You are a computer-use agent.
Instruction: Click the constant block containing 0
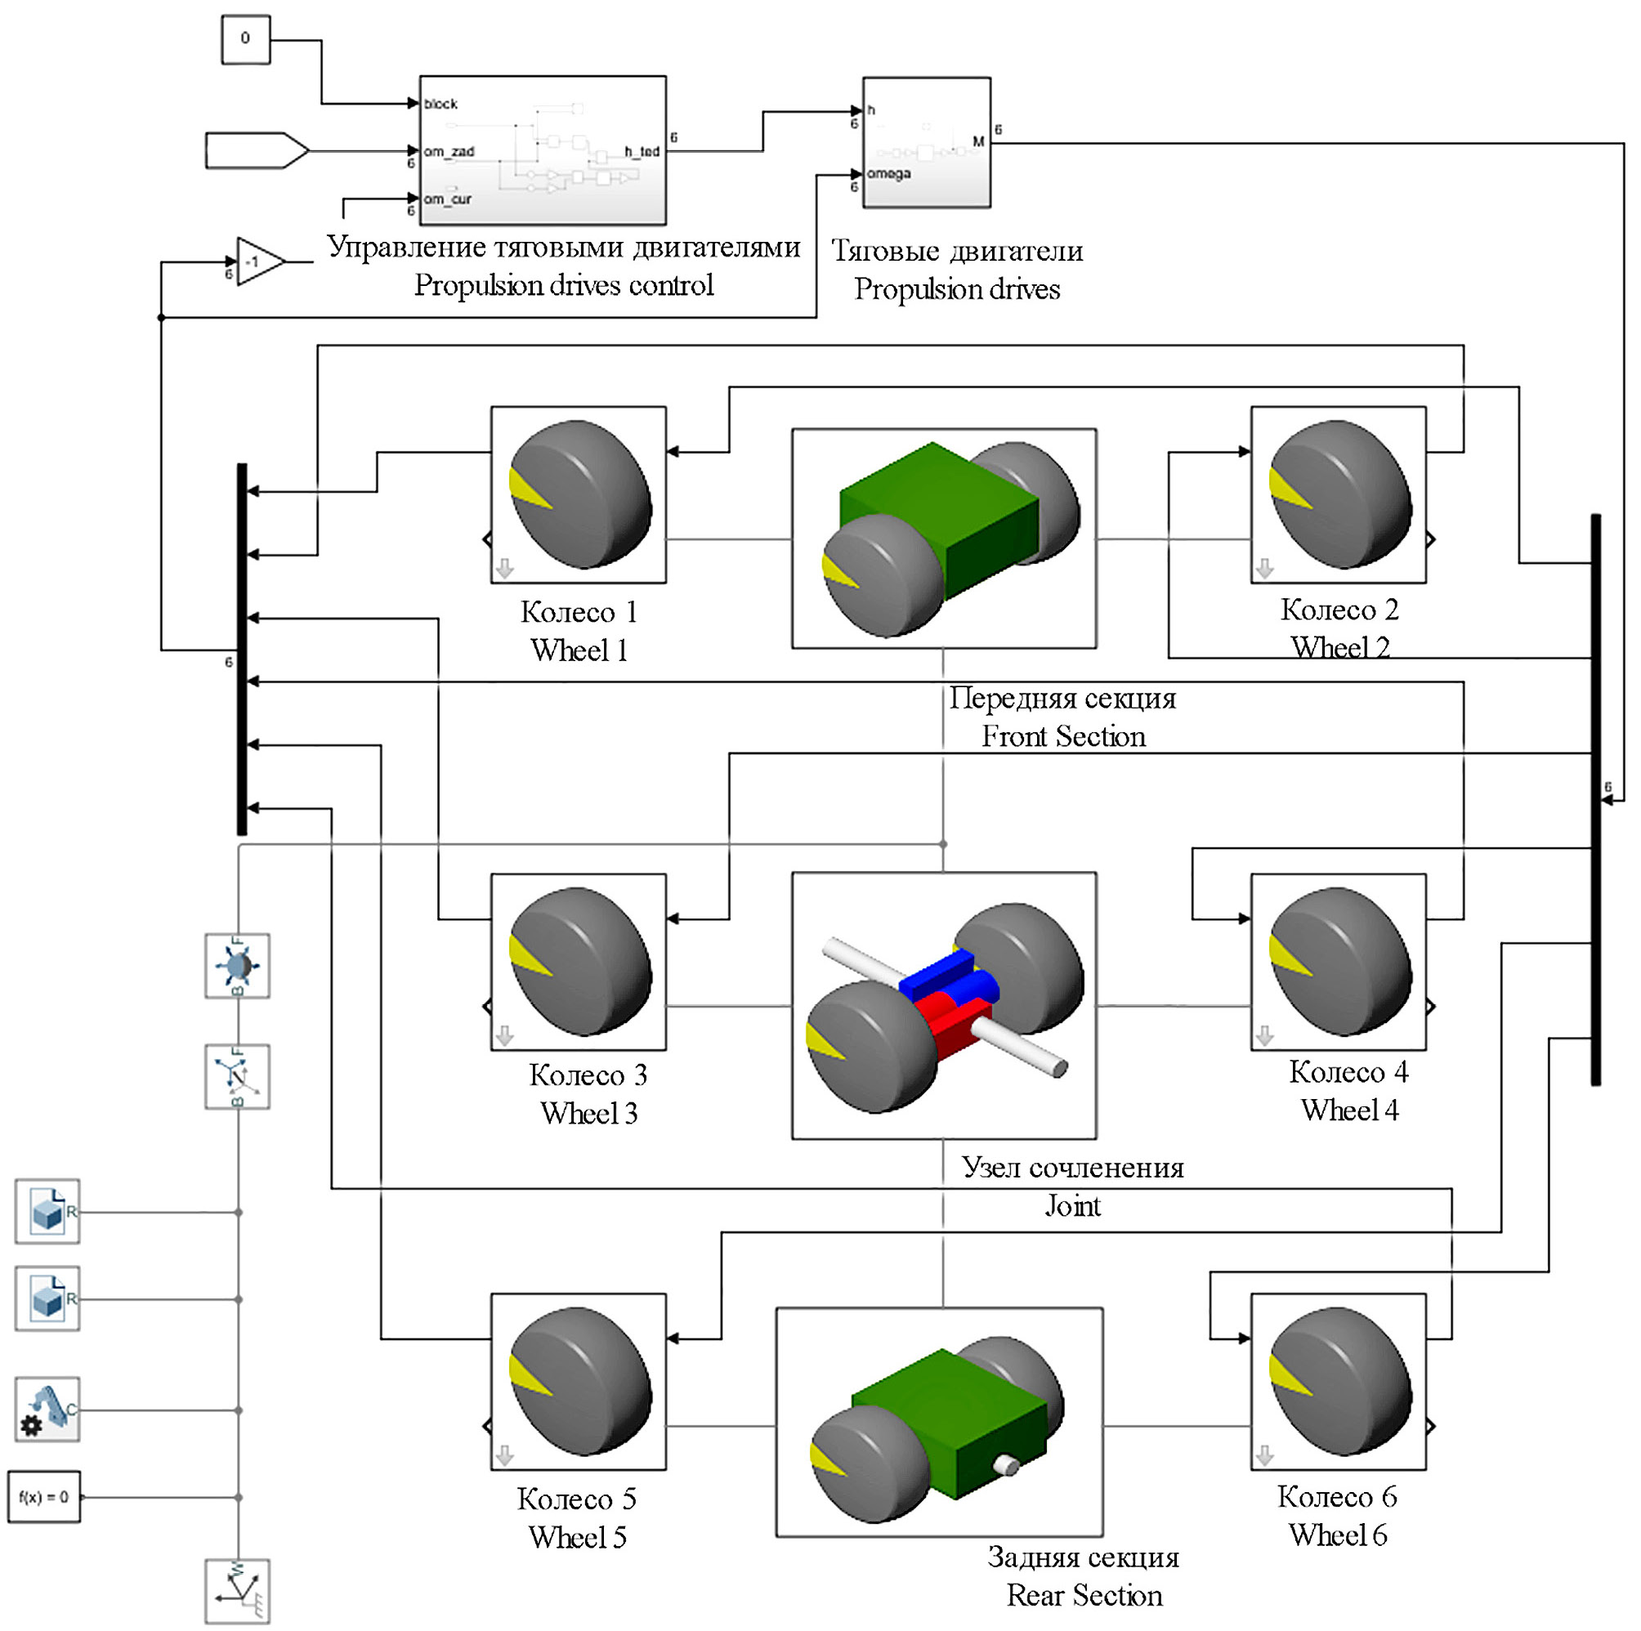245,39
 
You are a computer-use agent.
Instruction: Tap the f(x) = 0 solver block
44,1497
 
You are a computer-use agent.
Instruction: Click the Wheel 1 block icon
579,494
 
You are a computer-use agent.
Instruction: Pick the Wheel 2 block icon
1338,494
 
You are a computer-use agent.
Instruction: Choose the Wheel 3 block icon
579,962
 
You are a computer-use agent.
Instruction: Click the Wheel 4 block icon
1338,962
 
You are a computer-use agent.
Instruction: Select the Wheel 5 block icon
579,1381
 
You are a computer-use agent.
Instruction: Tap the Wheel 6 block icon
1338,1381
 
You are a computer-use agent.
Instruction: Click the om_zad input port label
449,152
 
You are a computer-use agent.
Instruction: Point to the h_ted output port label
642,152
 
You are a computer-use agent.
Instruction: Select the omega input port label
889,174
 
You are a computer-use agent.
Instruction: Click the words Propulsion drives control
563,285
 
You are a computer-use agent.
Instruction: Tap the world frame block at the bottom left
238,1591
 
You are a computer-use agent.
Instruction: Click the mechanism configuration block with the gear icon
47,1410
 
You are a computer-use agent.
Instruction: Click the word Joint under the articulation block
1072,1206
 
